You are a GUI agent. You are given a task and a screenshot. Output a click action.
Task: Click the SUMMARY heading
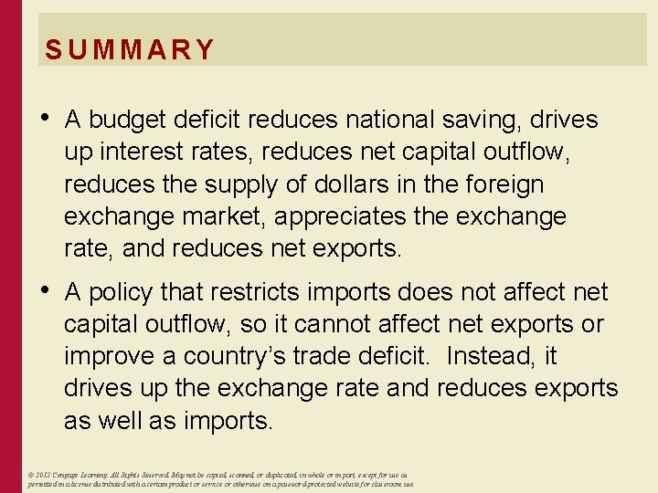coord(130,49)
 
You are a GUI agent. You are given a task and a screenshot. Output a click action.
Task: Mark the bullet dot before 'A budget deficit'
coord(45,117)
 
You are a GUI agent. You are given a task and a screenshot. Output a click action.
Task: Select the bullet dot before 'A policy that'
coord(45,289)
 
